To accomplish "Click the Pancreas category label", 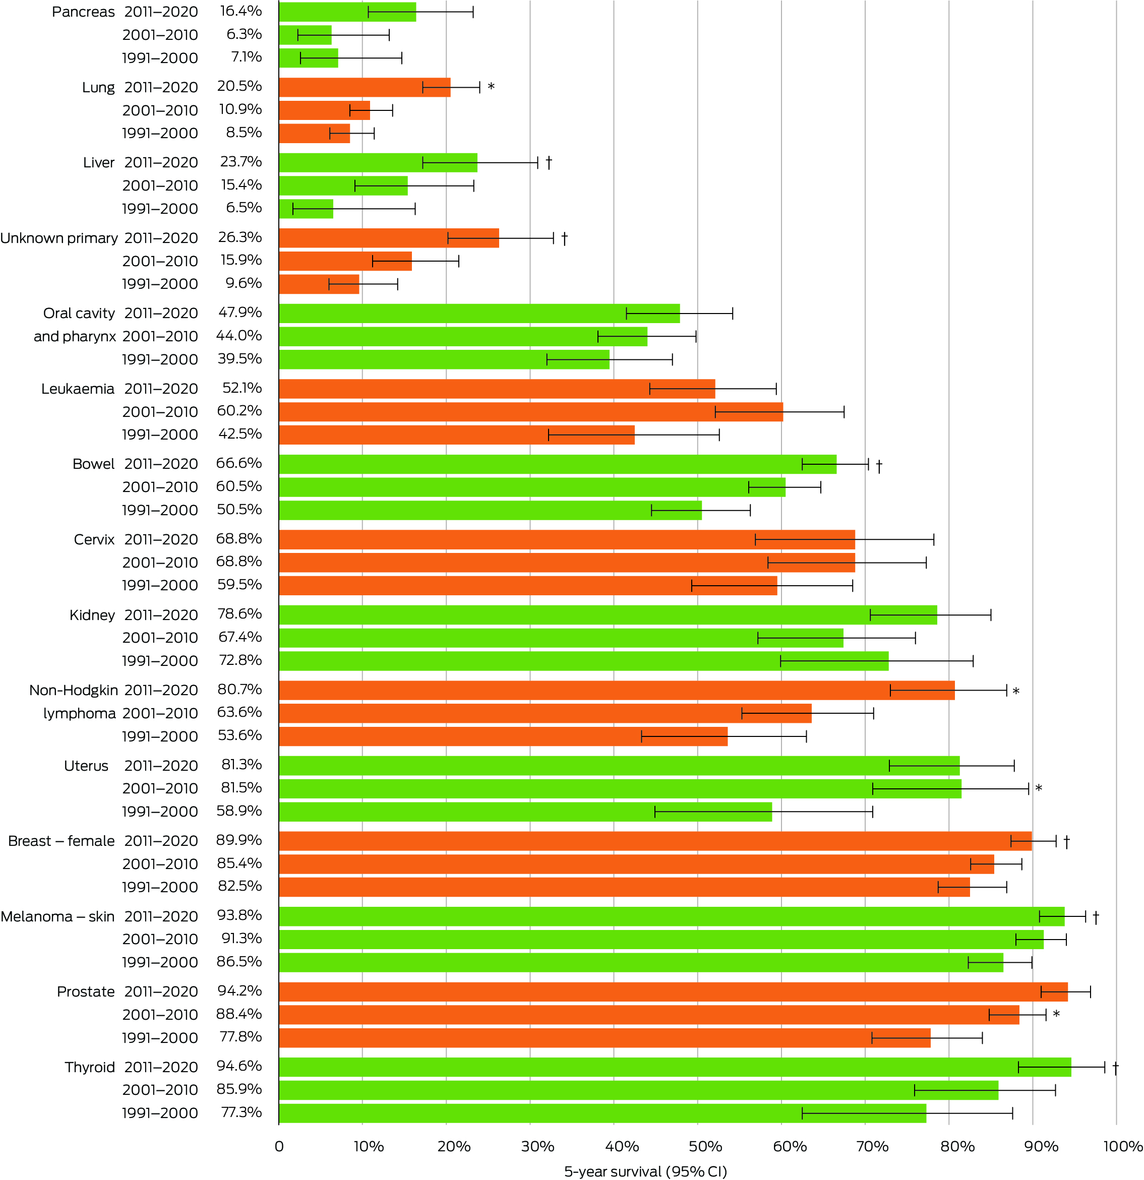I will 83,12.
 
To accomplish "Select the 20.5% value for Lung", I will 239,87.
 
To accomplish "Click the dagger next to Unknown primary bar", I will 564,238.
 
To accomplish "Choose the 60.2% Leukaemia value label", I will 239,411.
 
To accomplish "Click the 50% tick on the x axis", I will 705,1146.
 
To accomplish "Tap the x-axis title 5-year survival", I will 645,1171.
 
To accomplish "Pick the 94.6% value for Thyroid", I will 239,1066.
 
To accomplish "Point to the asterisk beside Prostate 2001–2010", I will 1056,1015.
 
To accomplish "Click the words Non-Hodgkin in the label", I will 74,691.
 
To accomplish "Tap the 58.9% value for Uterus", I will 239,811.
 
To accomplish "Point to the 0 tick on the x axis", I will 279,1146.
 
